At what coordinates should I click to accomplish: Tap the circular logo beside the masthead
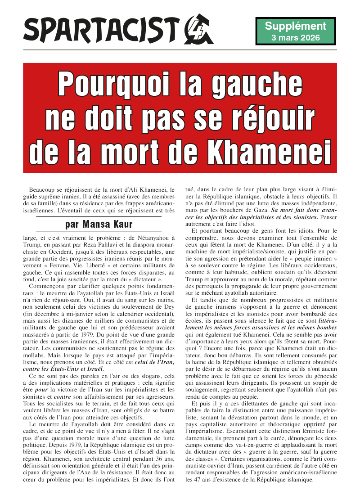point(197,29)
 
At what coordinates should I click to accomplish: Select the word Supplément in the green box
point(295,26)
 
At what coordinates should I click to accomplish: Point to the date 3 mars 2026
point(295,37)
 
